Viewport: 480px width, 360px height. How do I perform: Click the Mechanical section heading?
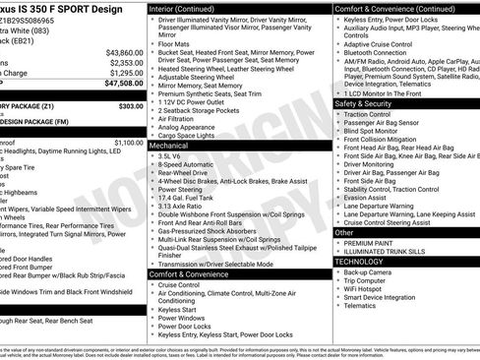(169, 144)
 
